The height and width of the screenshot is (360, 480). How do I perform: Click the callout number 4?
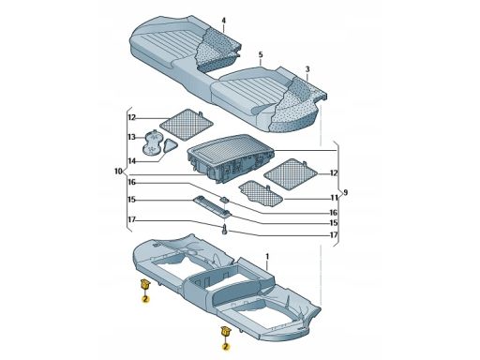pyautogui.click(x=224, y=21)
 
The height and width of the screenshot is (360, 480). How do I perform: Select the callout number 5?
pyautogui.click(x=261, y=55)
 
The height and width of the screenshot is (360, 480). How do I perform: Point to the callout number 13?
pyautogui.click(x=132, y=137)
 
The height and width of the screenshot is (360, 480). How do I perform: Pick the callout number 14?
pyautogui.click(x=132, y=160)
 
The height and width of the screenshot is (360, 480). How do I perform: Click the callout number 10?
pyautogui.click(x=118, y=172)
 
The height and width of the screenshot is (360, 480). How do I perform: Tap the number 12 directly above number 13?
pyautogui.click(x=132, y=117)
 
